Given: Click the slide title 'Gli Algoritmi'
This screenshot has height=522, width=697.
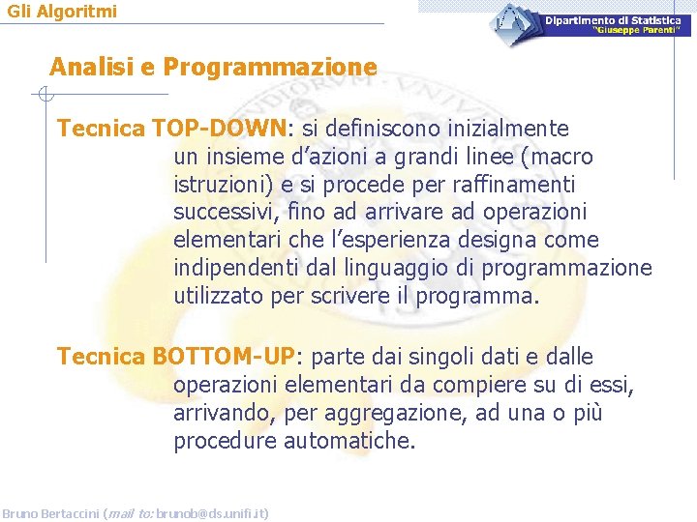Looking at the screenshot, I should pyautogui.click(x=61, y=12).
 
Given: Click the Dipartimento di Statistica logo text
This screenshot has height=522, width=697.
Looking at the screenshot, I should pyautogui.click(x=612, y=20).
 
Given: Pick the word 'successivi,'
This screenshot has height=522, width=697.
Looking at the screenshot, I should pyautogui.click(x=220, y=212).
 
